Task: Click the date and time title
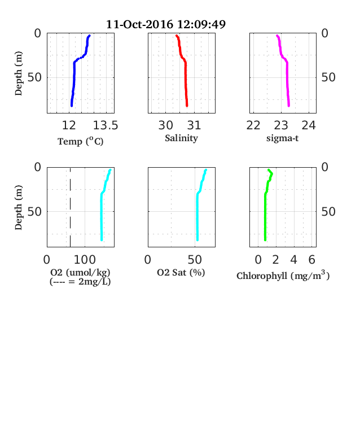[x=166, y=24]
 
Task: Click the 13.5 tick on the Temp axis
[x=106, y=125]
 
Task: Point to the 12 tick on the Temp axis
[x=69, y=125]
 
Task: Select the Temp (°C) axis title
[x=81, y=141]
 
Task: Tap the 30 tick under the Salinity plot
[x=165, y=125]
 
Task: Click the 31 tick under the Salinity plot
[x=194, y=125]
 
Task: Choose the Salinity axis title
[x=182, y=138]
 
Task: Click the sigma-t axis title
[x=282, y=138]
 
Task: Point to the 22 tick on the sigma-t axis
[x=253, y=125]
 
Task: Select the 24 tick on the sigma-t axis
[x=309, y=125]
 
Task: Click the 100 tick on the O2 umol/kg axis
[x=85, y=260]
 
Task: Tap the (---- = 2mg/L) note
[x=80, y=282]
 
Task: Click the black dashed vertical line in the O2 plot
[x=71, y=207]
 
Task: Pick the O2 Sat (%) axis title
[x=181, y=272]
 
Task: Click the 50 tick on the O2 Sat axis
[x=195, y=260]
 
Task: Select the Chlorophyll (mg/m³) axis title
[x=283, y=276]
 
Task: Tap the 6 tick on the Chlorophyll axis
[x=312, y=260]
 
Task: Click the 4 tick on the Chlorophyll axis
[x=293, y=260]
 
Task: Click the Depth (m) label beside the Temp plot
[x=19, y=73]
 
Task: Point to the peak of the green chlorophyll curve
[x=272, y=173]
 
